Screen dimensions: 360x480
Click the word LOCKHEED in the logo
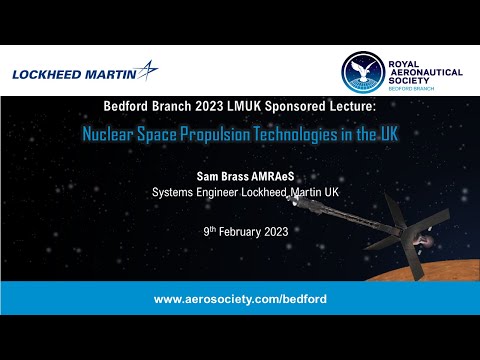[48, 72]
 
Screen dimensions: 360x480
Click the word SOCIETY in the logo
[411, 78]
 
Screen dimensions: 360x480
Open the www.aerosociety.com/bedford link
[240, 299]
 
